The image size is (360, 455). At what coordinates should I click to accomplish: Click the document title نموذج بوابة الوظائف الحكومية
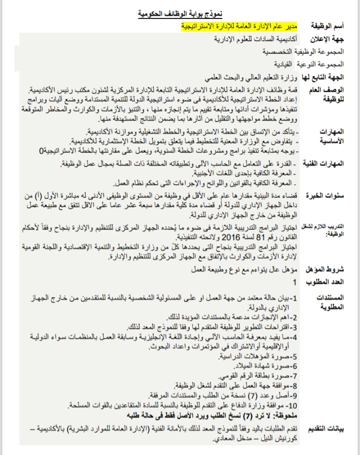[x=180, y=13]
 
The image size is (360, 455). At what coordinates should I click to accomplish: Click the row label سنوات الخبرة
[x=330, y=196]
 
